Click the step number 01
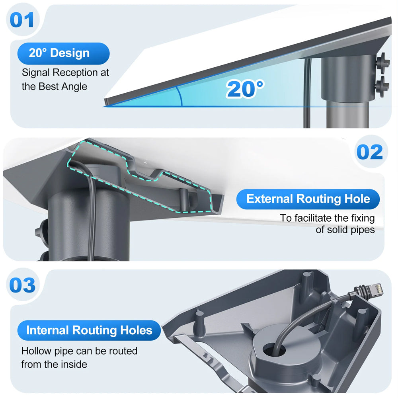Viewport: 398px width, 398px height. coord(22,20)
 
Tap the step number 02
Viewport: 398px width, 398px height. coord(370,152)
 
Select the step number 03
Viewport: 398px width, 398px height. coord(22,285)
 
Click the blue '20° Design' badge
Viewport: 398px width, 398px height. coord(63,53)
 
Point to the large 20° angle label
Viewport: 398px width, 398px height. coord(245,89)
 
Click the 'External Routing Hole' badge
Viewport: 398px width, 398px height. coord(308,199)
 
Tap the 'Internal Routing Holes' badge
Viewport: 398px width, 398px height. coord(89,330)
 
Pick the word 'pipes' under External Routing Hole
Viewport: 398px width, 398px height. coord(363,230)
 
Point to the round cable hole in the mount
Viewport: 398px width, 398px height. coord(274,350)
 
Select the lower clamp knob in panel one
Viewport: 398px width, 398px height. coord(382,86)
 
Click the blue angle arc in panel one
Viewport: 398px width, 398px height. coord(180,96)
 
